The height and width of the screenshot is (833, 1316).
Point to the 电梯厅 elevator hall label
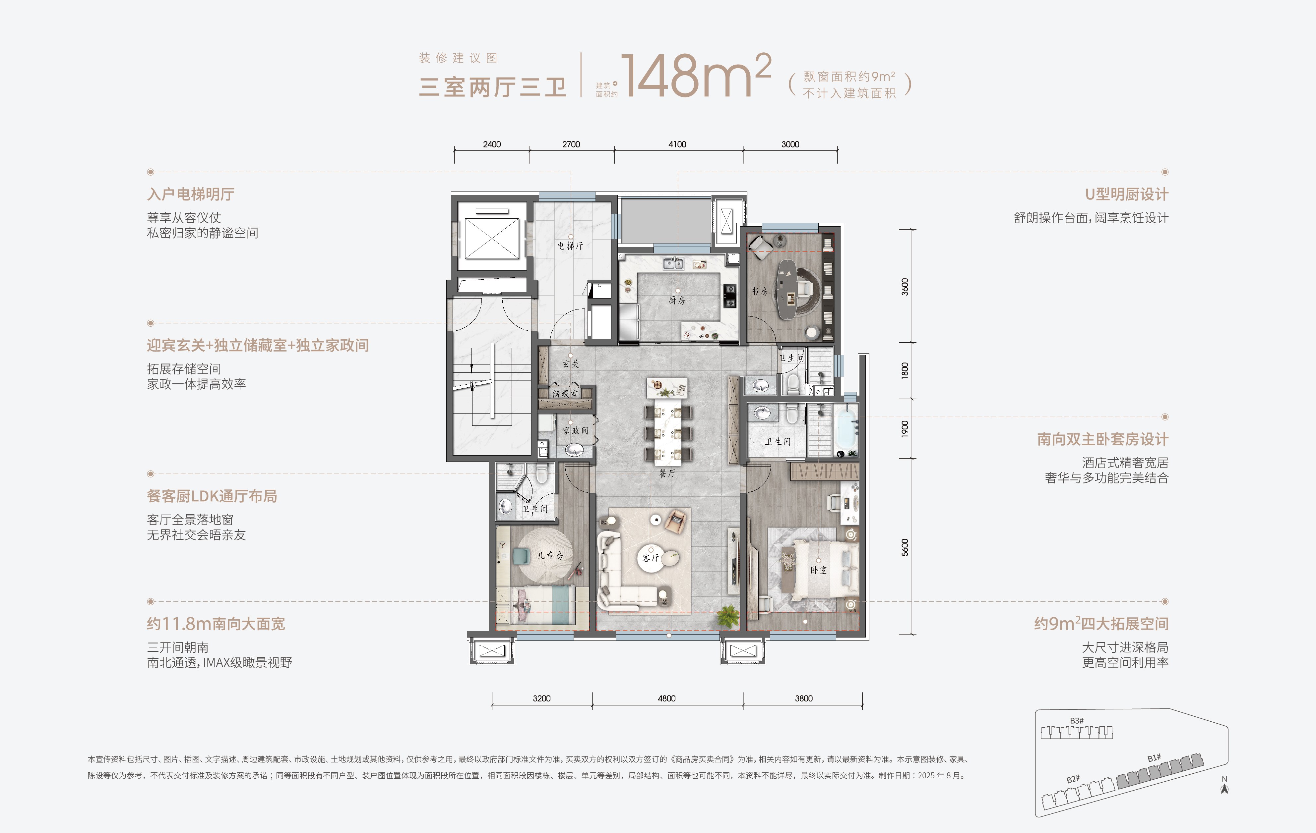(570, 246)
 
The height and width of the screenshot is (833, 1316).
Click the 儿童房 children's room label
(550, 556)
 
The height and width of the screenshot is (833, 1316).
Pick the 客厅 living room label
(650, 558)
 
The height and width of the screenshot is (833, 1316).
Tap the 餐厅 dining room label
(667, 473)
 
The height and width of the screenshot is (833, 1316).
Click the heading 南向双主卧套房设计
(1102, 439)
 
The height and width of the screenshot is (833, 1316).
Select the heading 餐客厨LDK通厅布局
(212, 496)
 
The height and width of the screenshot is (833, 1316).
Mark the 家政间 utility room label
(576, 430)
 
